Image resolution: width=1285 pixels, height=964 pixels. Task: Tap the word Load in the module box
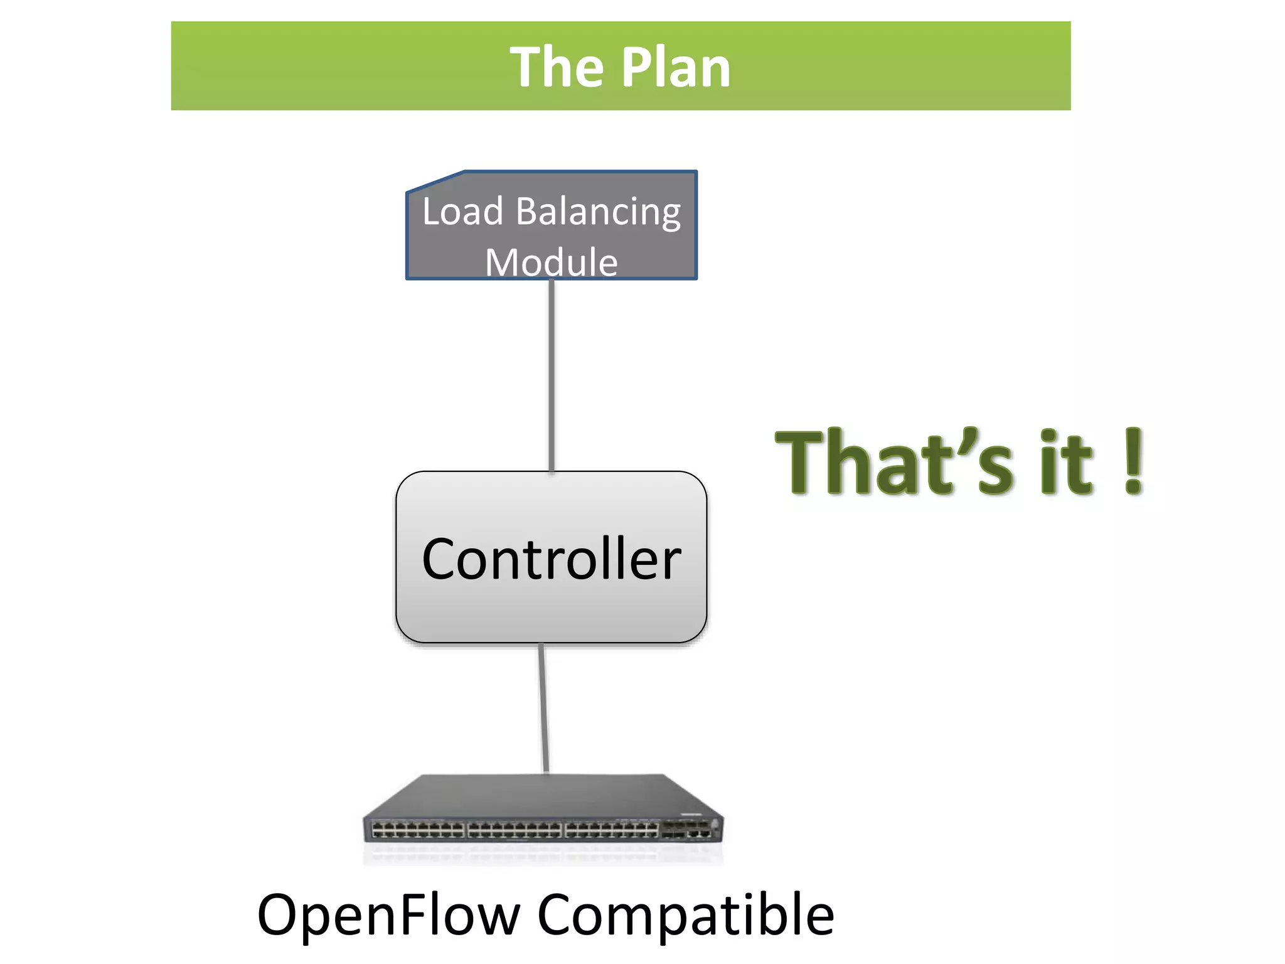pyautogui.click(x=462, y=212)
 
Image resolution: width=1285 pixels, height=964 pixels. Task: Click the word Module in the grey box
pyautogui.click(x=551, y=262)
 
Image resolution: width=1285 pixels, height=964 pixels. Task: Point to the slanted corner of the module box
pyautogui.click(x=435, y=181)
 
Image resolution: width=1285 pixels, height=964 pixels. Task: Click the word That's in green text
pyautogui.click(x=893, y=463)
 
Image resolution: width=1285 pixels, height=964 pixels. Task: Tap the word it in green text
pyautogui.click(x=1067, y=463)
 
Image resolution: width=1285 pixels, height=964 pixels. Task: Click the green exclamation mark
pyautogui.click(x=1133, y=461)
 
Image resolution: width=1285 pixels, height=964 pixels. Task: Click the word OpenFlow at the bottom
pyautogui.click(x=388, y=916)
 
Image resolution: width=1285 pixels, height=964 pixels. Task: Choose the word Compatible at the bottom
pyautogui.click(x=685, y=916)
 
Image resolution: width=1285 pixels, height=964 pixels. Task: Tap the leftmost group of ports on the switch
pyautogui.click(x=417, y=830)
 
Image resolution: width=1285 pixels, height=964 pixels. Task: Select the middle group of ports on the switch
pyautogui.click(x=515, y=830)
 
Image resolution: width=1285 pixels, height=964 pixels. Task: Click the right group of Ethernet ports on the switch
pyautogui.click(x=611, y=830)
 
